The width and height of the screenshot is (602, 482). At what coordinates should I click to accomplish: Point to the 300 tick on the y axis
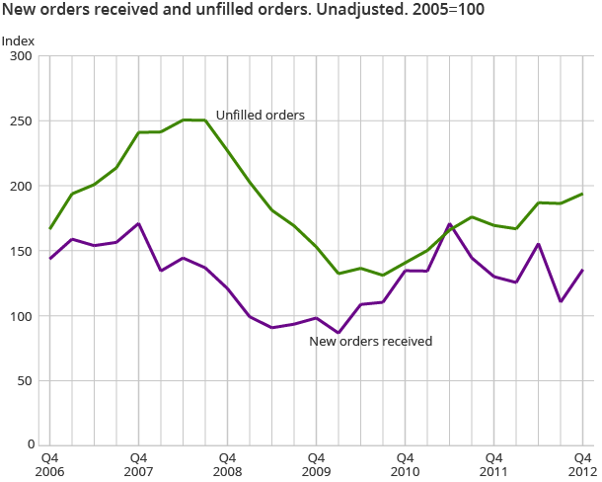tap(22, 56)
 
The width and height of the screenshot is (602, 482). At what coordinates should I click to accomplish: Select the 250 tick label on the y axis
tap(22, 121)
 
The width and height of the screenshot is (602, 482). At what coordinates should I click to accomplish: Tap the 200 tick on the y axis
tap(22, 186)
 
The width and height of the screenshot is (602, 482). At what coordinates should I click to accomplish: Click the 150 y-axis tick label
tap(22, 251)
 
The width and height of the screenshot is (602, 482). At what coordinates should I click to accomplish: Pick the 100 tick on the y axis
tap(22, 316)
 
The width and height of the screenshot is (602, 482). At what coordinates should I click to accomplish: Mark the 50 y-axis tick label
tap(26, 380)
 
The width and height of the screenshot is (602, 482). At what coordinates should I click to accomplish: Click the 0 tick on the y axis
tap(30, 445)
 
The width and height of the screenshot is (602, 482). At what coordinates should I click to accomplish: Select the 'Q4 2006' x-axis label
tap(49, 464)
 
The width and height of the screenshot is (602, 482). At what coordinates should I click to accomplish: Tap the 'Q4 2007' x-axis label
tap(138, 464)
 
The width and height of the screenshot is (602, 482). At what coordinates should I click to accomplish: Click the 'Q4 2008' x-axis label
tap(227, 464)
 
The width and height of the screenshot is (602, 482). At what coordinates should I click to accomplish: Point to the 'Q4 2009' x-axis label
tap(316, 464)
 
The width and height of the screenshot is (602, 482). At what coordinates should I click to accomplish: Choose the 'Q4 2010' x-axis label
tap(405, 464)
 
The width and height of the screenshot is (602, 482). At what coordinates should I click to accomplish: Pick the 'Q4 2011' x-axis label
tap(493, 464)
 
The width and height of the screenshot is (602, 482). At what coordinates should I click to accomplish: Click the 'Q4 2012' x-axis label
tap(582, 464)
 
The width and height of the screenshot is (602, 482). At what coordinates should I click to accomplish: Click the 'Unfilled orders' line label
tap(260, 116)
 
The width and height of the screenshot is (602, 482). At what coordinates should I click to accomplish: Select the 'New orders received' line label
tap(371, 342)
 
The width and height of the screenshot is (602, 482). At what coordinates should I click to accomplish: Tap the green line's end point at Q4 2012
tap(582, 194)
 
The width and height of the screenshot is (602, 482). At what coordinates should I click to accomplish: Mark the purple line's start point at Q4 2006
tap(49, 259)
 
